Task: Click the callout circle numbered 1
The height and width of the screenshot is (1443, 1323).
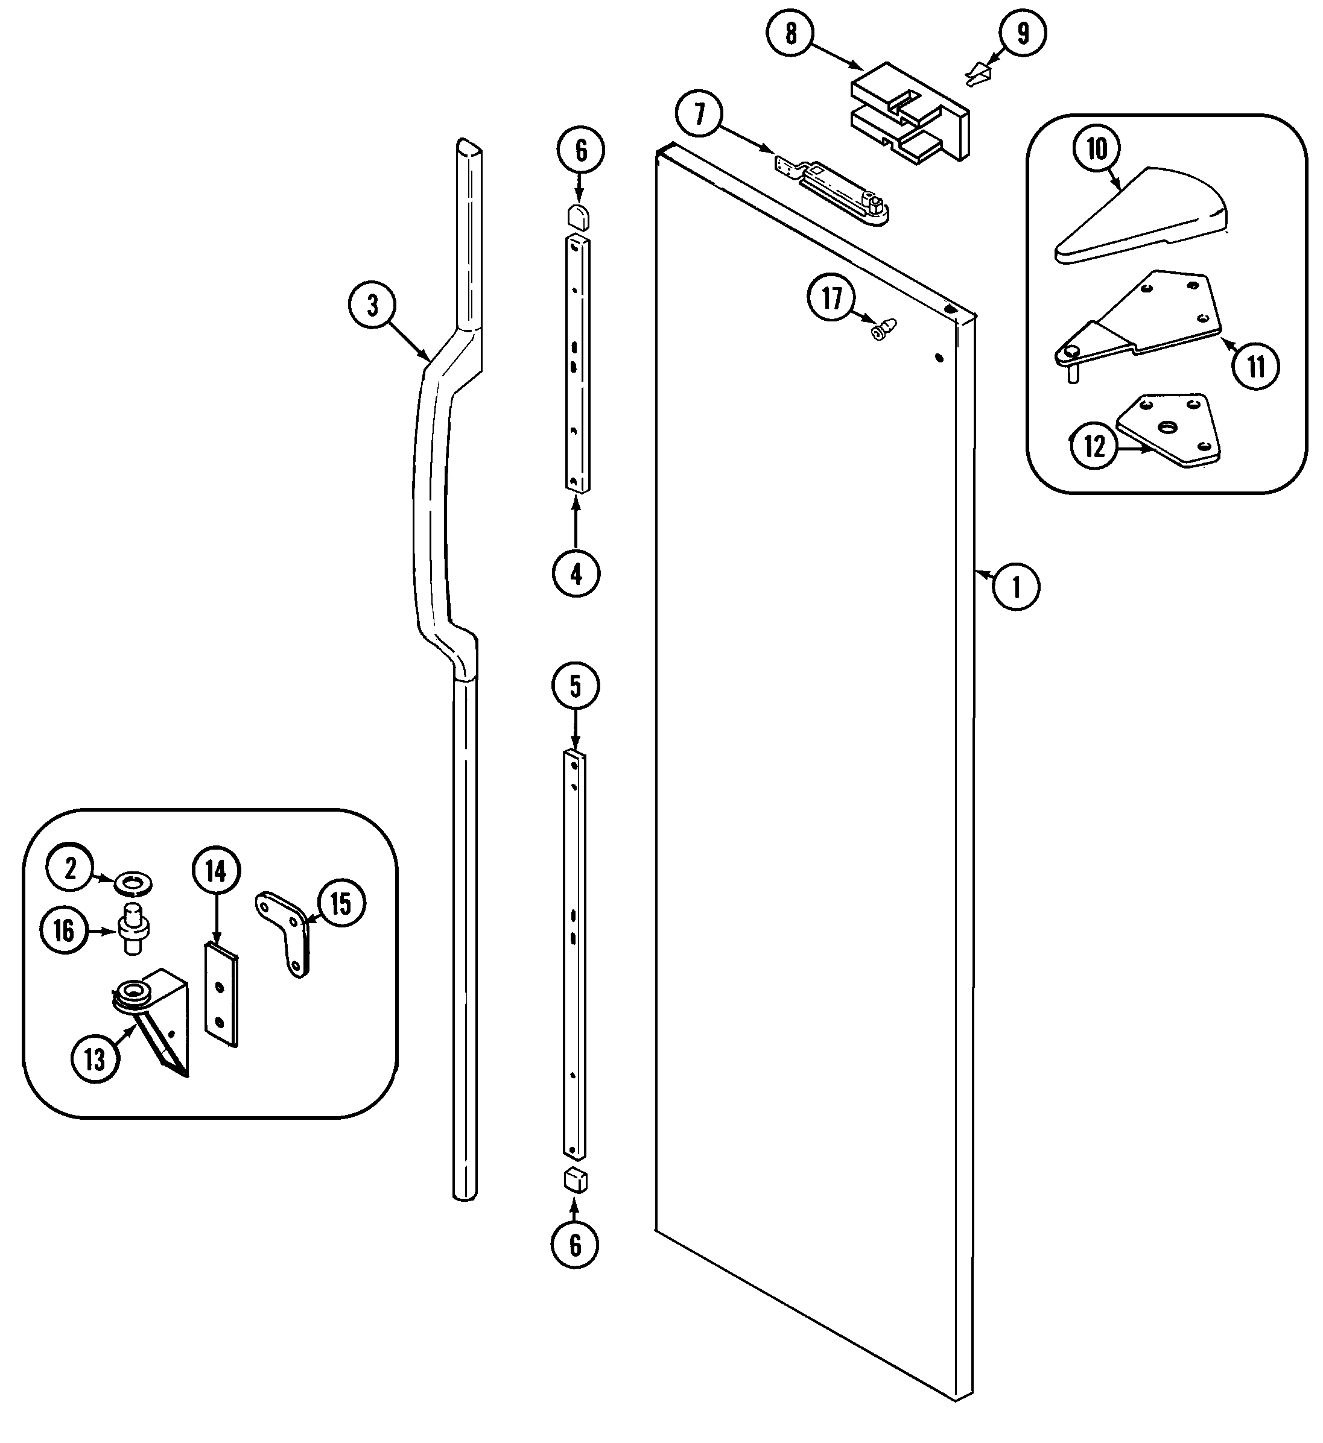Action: click(x=1015, y=587)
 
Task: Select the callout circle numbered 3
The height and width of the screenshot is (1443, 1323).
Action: click(x=372, y=306)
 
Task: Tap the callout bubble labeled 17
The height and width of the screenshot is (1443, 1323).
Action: click(x=832, y=298)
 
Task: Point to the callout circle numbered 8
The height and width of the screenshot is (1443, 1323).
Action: click(x=790, y=33)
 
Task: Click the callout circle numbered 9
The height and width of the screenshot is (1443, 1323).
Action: click(x=1023, y=33)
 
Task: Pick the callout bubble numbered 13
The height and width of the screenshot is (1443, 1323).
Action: click(x=95, y=1059)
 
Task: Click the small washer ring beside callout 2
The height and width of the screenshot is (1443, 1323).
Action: click(x=133, y=885)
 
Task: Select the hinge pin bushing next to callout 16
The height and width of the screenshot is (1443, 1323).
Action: click(x=134, y=930)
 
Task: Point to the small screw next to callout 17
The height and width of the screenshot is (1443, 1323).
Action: click(x=882, y=329)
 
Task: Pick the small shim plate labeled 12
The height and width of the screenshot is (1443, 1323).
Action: click(x=1170, y=429)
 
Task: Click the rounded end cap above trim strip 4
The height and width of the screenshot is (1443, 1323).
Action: click(x=578, y=215)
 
